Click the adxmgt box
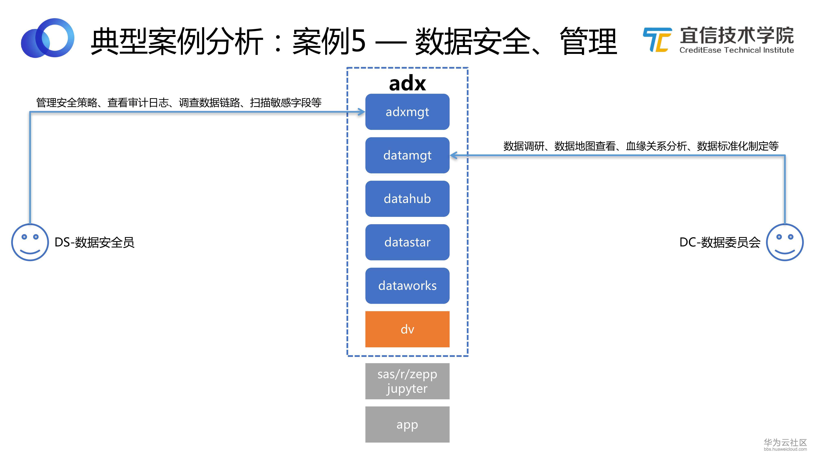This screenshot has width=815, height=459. (x=407, y=112)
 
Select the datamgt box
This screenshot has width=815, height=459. (x=407, y=155)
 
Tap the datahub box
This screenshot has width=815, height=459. (x=407, y=199)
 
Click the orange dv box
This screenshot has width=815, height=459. (x=407, y=329)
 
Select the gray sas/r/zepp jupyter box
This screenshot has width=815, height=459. (x=407, y=381)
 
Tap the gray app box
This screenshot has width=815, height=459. (x=407, y=425)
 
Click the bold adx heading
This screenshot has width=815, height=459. (x=407, y=83)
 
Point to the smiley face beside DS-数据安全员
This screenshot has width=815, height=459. (x=30, y=242)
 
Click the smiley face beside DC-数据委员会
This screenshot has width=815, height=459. (x=785, y=242)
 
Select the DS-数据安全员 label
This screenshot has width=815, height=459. (x=94, y=243)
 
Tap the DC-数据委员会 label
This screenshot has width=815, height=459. (x=720, y=243)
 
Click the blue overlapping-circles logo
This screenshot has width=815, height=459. (x=47, y=38)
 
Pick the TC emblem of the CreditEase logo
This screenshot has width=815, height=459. (x=657, y=40)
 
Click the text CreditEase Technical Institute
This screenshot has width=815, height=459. (x=737, y=50)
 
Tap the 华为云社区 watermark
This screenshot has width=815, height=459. (x=785, y=442)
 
